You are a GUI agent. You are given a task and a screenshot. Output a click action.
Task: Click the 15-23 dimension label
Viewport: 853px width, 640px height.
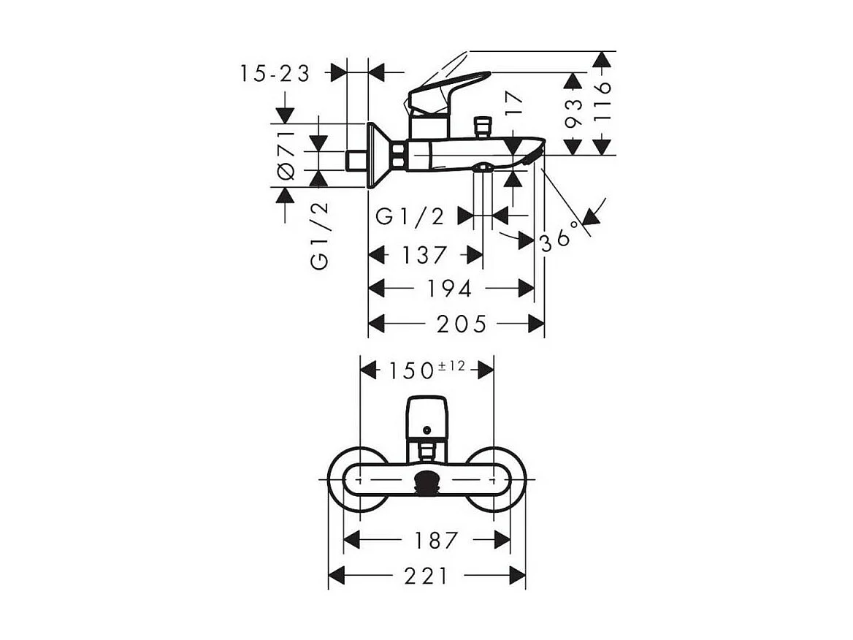click(275, 73)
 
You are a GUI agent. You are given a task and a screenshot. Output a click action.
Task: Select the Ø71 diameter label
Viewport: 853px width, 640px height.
click(286, 154)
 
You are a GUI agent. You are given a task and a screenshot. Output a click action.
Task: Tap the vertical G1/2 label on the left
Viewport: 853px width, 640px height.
click(320, 236)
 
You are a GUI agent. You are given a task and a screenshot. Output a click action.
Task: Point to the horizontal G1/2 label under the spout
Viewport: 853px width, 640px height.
click(410, 216)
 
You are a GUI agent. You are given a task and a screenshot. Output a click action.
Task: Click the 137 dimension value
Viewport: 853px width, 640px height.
click(424, 255)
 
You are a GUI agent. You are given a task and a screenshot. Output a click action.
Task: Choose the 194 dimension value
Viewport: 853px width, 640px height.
click(450, 289)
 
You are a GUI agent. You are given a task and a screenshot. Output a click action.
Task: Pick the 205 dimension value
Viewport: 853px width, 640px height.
click(462, 324)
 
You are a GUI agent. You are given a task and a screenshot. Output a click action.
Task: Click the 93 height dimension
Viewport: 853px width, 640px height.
click(574, 113)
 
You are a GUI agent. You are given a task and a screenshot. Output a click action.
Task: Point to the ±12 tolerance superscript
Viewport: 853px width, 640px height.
click(451, 366)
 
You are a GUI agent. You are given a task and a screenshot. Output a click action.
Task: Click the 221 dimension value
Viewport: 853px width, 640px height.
click(426, 576)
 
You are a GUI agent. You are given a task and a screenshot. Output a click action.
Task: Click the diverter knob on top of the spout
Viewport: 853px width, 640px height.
click(481, 126)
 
